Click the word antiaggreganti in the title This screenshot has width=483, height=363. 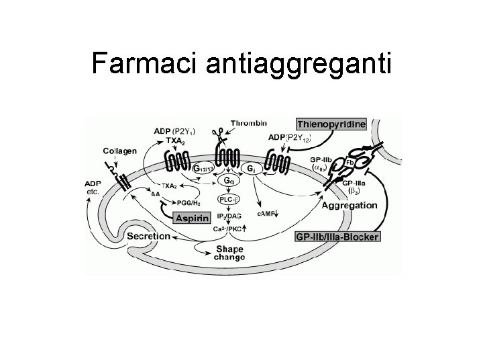(x=296, y=65)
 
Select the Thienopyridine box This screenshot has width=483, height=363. (x=331, y=124)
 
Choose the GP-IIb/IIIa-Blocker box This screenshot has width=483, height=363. (x=337, y=236)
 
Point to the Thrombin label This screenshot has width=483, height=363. (x=248, y=123)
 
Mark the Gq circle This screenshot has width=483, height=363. (x=229, y=182)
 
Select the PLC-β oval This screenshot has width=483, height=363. (x=229, y=199)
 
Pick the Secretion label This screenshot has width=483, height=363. (x=149, y=236)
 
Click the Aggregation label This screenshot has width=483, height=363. (x=349, y=205)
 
